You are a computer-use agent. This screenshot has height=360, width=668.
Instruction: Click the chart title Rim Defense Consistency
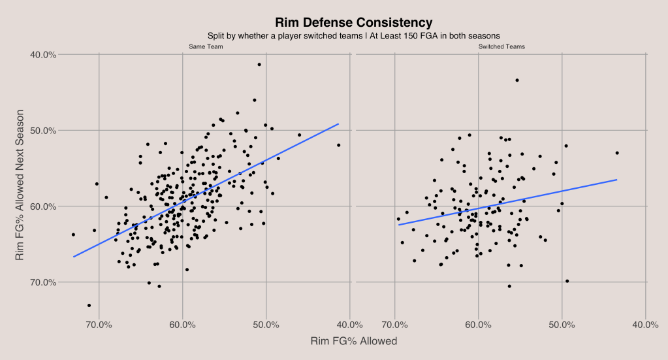pos(353,23)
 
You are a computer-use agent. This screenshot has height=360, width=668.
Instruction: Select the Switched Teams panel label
pos(501,47)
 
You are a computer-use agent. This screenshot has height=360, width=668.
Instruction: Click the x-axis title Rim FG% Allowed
pos(353,341)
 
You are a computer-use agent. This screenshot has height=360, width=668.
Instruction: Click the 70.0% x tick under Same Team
pos(99,325)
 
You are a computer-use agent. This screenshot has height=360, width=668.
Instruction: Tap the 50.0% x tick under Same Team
pos(266,325)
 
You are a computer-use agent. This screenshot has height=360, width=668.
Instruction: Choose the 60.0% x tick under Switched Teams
pos(479,325)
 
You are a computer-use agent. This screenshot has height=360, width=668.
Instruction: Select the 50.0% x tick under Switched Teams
pos(562,325)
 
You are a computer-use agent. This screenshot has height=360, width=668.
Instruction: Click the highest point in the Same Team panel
pos(259,64)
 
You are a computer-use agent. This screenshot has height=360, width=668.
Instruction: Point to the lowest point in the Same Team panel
pos(89,305)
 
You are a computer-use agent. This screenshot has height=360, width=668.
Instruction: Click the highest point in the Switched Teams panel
pos(517,80)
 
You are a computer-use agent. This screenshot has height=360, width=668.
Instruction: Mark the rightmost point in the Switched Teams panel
pos(617,153)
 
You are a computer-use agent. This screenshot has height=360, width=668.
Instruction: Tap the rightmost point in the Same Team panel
pos(339,145)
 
